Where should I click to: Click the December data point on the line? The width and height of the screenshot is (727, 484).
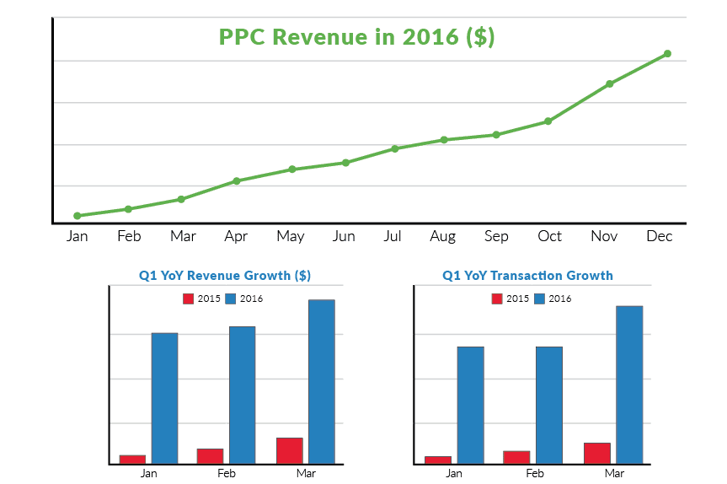pos(667,54)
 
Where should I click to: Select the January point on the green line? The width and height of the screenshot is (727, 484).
pos(78,216)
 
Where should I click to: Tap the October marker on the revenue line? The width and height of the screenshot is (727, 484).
pos(548,121)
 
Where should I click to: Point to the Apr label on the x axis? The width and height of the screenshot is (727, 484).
pos(236,236)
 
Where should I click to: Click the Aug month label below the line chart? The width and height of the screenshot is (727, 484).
pos(442,236)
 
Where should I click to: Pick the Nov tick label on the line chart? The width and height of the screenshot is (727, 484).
pos(604,236)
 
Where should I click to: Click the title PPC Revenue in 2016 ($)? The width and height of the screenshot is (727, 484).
pos(356,38)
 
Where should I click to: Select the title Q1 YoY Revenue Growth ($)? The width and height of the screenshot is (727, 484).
pos(225,276)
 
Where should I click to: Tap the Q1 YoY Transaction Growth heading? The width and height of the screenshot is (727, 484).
pos(527,276)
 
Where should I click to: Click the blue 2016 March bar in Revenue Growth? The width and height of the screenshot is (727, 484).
pos(321,381)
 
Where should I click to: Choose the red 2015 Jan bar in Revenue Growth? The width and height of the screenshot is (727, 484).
pos(132,460)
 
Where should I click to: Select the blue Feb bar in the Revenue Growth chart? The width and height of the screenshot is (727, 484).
pos(243,395)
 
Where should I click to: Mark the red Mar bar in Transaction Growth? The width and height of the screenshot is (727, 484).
pos(596,453)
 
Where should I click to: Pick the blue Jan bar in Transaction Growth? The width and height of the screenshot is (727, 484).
pos(470,405)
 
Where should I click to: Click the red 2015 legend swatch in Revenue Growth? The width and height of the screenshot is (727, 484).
pos(189,298)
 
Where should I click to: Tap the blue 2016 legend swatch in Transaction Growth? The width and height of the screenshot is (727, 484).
pos(540,298)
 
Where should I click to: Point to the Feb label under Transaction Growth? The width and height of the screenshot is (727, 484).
pos(535,474)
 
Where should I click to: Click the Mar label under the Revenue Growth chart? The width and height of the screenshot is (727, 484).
pos(306,474)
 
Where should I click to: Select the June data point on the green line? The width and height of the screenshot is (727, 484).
pos(345,163)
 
